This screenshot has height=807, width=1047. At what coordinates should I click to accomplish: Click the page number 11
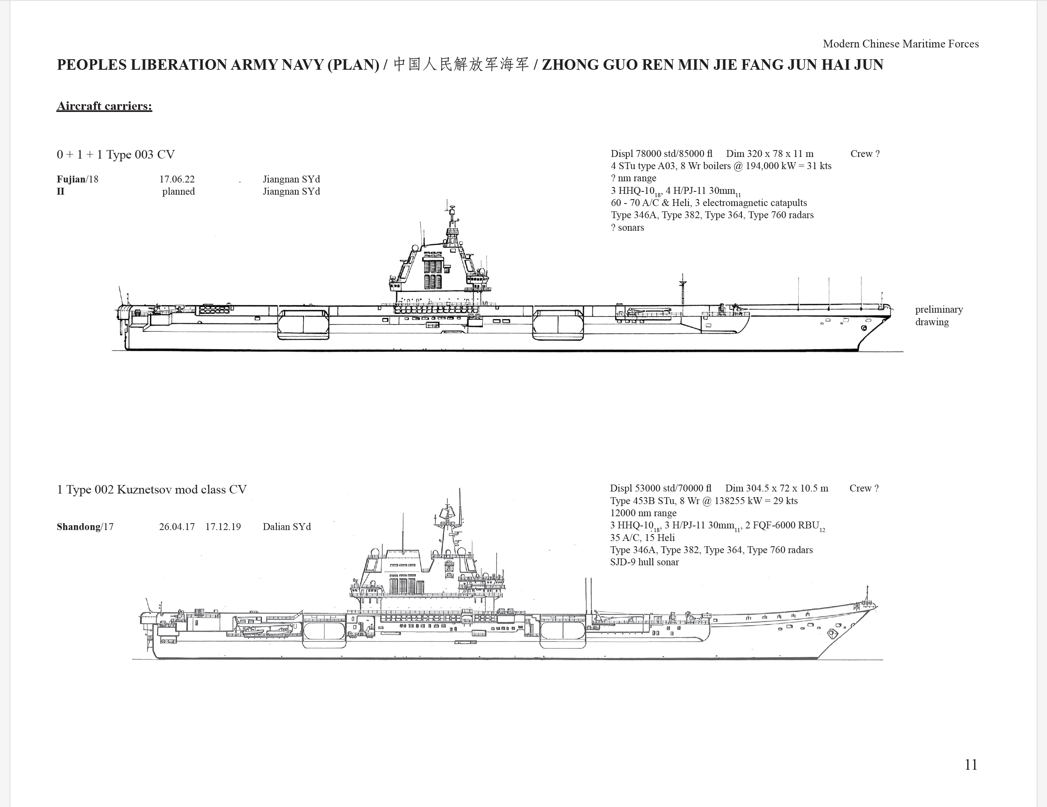pyautogui.click(x=971, y=764)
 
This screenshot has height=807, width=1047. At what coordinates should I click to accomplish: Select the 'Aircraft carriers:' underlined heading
pyautogui.click(x=104, y=106)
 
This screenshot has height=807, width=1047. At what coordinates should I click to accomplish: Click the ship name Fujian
pyautogui.click(x=71, y=179)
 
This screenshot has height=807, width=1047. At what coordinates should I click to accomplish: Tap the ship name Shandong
pyautogui.click(x=79, y=526)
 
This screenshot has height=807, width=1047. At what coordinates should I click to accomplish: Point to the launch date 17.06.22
pyautogui.click(x=177, y=179)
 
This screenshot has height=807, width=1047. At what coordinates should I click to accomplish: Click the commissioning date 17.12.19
pyautogui.click(x=223, y=526)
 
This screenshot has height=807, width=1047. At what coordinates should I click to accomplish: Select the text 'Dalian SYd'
pyautogui.click(x=287, y=526)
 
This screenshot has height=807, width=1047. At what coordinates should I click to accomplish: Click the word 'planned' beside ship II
pyautogui.click(x=178, y=191)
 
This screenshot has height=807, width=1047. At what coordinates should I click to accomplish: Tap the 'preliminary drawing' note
pyautogui.click(x=939, y=315)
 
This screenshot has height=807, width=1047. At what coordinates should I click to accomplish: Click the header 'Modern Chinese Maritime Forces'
pyautogui.click(x=901, y=44)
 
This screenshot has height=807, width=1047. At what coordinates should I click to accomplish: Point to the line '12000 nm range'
pyautogui.click(x=643, y=513)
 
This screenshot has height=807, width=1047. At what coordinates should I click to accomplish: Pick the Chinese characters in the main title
pyautogui.click(x=461, y=64)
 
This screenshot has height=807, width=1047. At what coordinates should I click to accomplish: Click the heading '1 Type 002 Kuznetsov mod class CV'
pyautogui.click(x=152, y=489)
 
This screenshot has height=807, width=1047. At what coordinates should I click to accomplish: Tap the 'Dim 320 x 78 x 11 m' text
pyautogui.click(x=769, y=154)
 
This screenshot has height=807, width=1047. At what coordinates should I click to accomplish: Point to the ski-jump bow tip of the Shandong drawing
pyautogui.click(x=877, y=606)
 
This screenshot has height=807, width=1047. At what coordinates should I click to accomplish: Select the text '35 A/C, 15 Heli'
pyautogui.click(x=642, y=537)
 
